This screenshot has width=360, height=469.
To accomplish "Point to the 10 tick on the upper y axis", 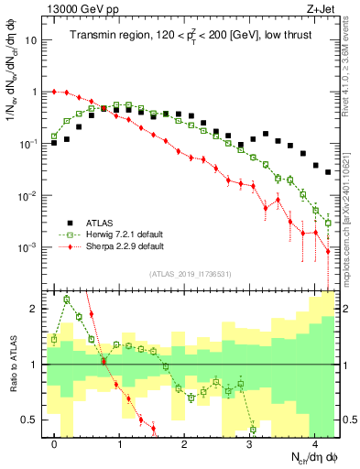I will pyautogui.click(x=31, y=41).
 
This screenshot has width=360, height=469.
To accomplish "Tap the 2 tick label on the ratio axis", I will pyautogui.click(x=35, y=309).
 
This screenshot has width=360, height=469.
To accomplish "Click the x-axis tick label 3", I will pyautogui.click(x=250, y=443).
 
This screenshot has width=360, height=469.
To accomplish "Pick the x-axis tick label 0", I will pyautogui.click(x=55, y=443).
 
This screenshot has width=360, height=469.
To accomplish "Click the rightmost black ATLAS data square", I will pyautogui.click(x=328, y=171).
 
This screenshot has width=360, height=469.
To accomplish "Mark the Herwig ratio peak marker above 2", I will pyautogui.click(x=67, y=299).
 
